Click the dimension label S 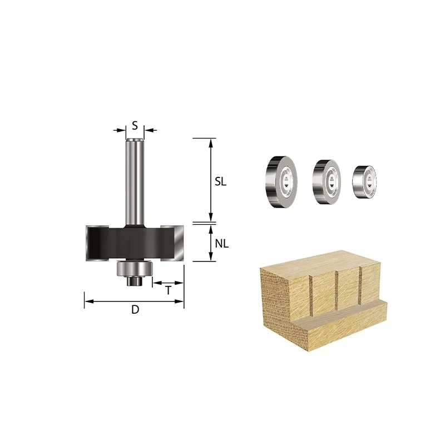135,125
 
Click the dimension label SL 220,182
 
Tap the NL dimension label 221,244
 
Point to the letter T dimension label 169,290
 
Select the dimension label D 135,309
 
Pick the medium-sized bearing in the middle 327,182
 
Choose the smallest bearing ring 364,181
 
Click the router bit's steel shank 135,182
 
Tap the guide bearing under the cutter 135,269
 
